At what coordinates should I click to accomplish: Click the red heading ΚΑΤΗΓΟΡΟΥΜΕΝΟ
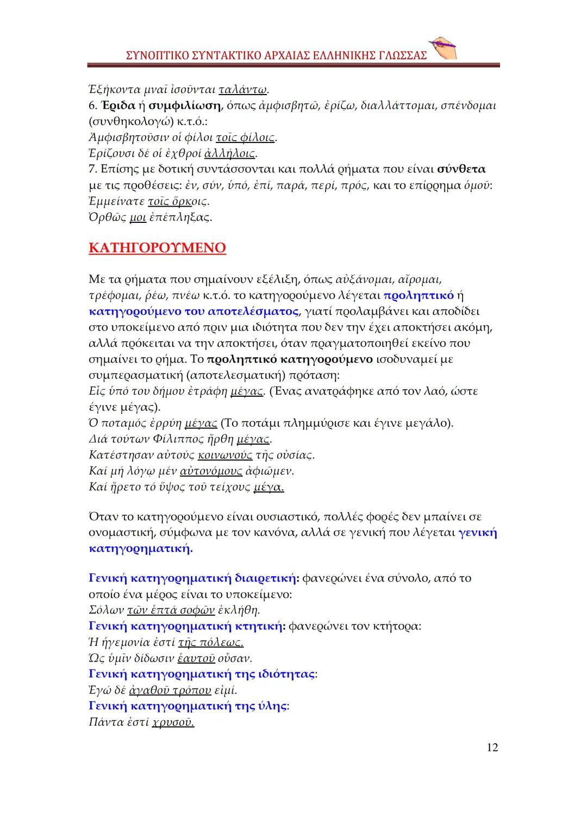[x=157, y=248]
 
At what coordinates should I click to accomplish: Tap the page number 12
[x=491, y=747]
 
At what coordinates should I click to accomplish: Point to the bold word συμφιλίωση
[x=185, y=105]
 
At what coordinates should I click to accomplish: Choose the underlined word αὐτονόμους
[x=207, y=471]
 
